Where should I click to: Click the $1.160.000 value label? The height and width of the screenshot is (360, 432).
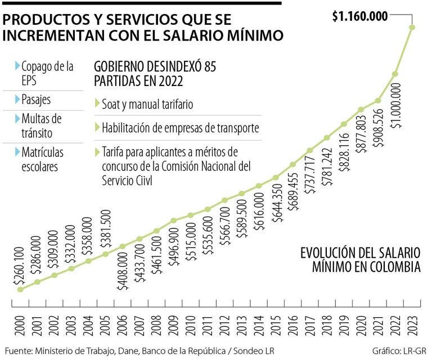359,16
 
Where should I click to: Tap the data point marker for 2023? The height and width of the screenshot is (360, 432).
412,27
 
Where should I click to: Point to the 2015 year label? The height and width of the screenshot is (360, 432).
276,328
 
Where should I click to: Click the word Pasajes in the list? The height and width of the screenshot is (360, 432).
36,100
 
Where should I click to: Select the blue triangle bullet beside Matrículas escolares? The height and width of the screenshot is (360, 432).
17,152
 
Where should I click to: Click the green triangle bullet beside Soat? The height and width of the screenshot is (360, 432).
97,104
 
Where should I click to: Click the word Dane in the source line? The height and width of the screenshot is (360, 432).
143,351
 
